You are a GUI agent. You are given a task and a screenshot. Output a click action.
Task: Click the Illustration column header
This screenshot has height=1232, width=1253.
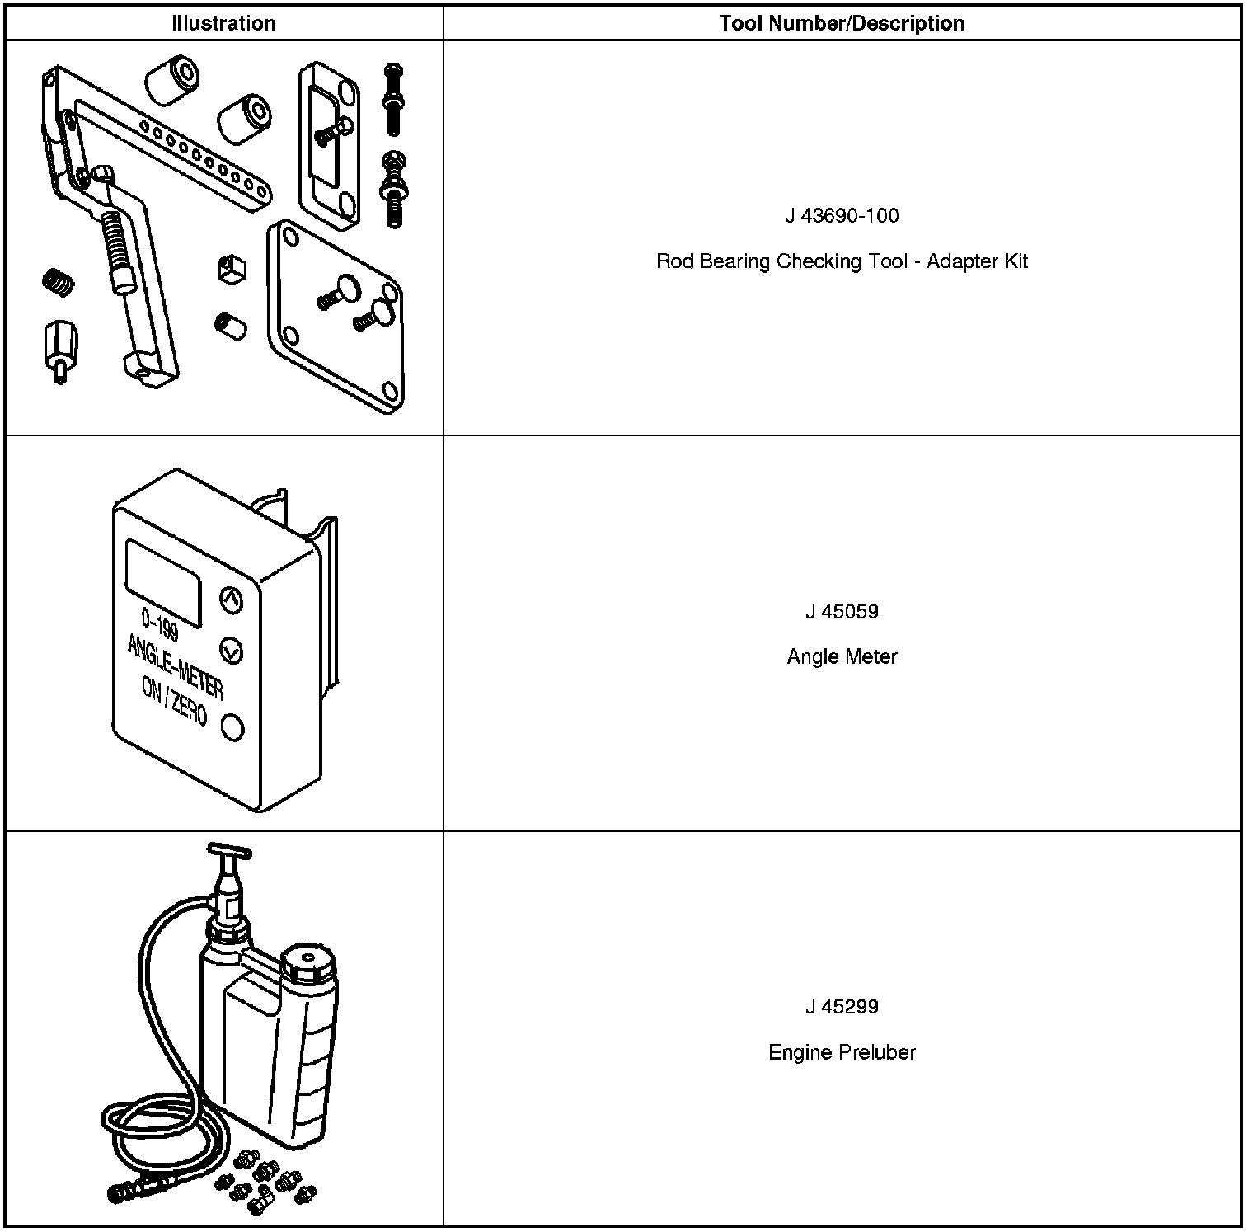[223, 23]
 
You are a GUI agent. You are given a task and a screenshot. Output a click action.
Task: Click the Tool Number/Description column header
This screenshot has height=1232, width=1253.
[842, 23]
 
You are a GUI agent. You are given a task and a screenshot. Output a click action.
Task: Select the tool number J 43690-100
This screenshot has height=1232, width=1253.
[842, 216]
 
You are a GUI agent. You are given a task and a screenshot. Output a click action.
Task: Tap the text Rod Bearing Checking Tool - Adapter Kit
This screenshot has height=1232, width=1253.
[842, 262]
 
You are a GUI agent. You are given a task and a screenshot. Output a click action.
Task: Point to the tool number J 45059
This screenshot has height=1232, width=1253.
[842, 611]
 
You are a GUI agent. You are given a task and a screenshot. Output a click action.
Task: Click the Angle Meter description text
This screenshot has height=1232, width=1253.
[842, 657]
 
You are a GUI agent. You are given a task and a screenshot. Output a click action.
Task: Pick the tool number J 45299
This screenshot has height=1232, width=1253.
[842, 1006]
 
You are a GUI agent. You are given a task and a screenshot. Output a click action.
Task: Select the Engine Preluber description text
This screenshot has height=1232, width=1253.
[842, 1052]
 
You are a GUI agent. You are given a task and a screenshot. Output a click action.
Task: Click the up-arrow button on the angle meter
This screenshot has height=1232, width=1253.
[232, 600]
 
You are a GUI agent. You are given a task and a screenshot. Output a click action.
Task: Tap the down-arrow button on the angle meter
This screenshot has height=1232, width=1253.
[232, 651]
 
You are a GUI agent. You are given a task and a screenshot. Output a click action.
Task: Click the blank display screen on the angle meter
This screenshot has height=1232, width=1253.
[164, 581]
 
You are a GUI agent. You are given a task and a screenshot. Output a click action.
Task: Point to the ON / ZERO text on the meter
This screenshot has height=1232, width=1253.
[174, 700]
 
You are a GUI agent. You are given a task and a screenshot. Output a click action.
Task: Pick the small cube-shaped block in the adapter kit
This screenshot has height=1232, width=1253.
[232, 269]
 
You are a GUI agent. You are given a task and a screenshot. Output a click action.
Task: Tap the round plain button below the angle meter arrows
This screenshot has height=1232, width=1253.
[232, 727]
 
